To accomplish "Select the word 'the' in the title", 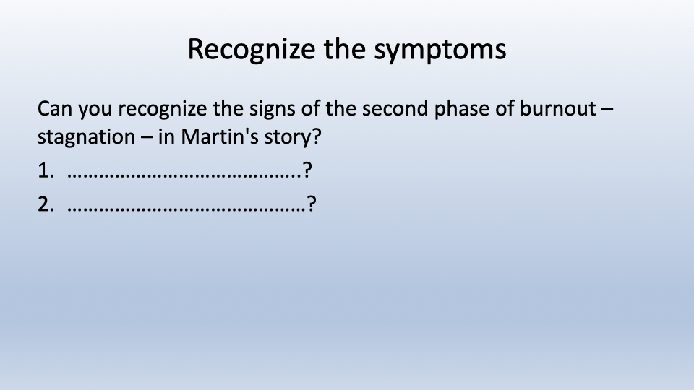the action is coord(345,48).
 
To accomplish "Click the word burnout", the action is coord(557,109).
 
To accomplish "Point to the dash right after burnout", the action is coord(608,110).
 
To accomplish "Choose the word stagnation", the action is coord(86,137).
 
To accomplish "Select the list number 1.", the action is coord(46,170).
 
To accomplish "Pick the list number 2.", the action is coord(46,204).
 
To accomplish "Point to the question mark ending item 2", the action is coord(312,204).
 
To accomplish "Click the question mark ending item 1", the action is coord(308,170).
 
